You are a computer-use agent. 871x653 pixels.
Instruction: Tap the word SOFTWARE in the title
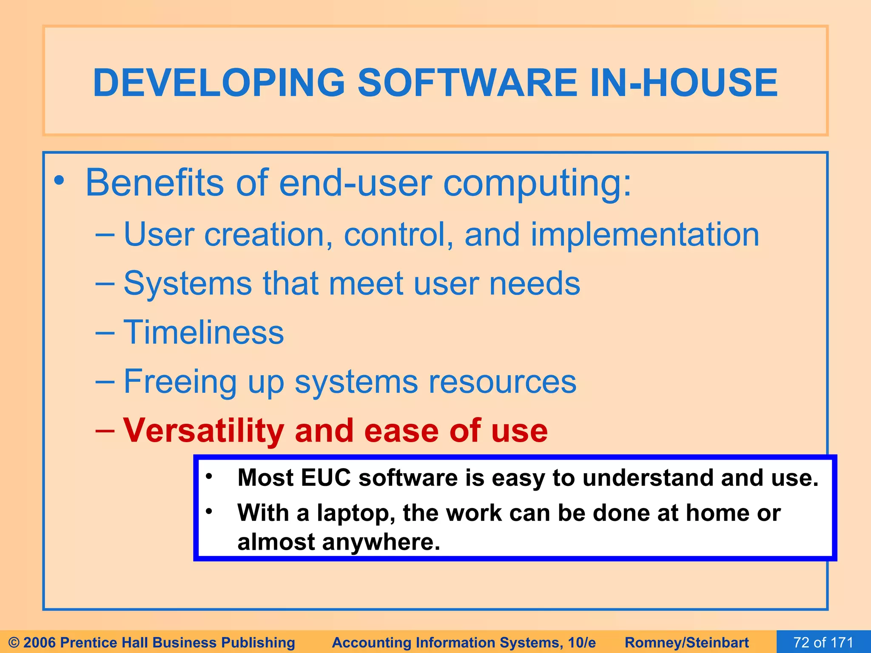pyautogui.click(x=467, y=82)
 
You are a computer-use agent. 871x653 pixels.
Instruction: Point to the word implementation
pyautogui.click(x=645, y=235)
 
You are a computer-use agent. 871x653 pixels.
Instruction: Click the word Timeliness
pyautogui.click(x=203, y=332)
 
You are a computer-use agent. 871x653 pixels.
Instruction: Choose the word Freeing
pyautogui.click(x=180, y=382)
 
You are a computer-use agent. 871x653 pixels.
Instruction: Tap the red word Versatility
pyautogui.click(x=203, y=431)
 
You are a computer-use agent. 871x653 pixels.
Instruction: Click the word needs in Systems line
pyautogui.click(x=534, y=284)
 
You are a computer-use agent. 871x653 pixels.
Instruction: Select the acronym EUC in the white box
pyautogui.click(x=325, y=478)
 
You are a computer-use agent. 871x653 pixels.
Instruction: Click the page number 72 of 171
pyautogui.click(x=823, y=642)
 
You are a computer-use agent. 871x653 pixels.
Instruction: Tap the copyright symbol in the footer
pyautogui.click(x=14, y=642)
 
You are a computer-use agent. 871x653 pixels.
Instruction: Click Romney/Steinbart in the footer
pyautogui.click(x=686, y=642)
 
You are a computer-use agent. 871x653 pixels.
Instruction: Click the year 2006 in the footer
pyautogui.click(x=40, y=642)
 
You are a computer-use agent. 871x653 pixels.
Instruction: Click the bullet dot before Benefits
pyautogui.click(x=59, y=182)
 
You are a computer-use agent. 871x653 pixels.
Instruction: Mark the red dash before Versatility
pyautogui.click(x=105, y=431)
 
